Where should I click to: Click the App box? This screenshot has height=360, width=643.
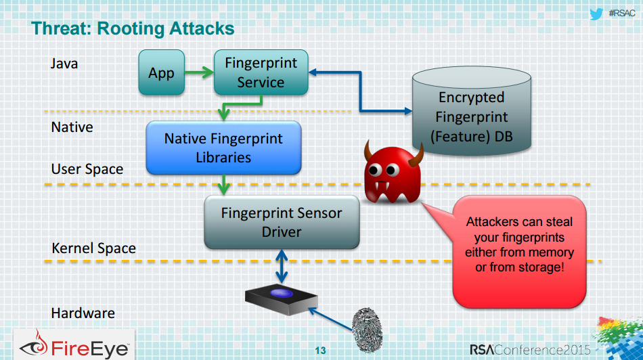click(x=161, y=72)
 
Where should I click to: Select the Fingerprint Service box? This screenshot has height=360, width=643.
click(x=261, y=72)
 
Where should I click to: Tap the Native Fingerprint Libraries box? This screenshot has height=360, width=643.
click(x=223, y=148)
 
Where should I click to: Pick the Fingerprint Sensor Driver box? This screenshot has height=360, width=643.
click(x=282, y=222)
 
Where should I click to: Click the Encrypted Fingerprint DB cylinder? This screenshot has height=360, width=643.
click(x=471, y=115)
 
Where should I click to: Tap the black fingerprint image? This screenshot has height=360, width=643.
click(x=367, y=328)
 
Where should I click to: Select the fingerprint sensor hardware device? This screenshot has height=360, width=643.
click(x=280, y=298)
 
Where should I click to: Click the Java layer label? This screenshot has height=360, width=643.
click(x=64, y=64)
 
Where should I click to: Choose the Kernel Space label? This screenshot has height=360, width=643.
click(x=93, y=248)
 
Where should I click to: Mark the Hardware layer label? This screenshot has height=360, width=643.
click(x=83, y=313)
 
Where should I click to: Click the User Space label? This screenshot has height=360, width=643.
click(x=87, y=168)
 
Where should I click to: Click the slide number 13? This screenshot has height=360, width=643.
click(x=320, y=350)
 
